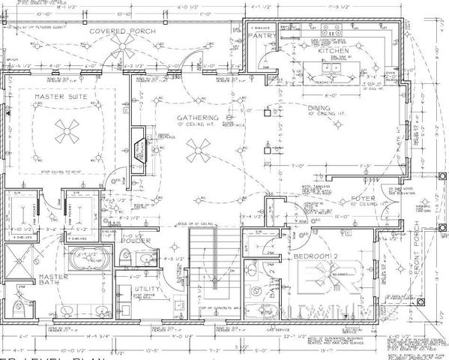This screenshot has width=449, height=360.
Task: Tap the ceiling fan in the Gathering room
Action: point(198,154)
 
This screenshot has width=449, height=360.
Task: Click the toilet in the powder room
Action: point(124,259)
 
